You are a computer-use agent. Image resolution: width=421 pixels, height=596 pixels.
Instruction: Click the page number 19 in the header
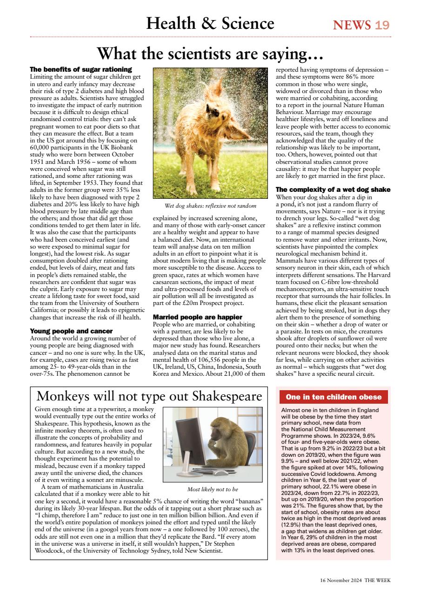pos(382,24)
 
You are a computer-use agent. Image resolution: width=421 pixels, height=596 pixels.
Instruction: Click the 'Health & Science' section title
pos(210,23)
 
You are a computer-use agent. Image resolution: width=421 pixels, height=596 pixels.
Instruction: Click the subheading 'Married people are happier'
pos(197,317)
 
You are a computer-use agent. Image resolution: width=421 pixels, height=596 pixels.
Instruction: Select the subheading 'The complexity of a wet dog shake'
pos(333,190)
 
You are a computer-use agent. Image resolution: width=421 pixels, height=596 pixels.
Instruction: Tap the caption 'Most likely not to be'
pos(213,489)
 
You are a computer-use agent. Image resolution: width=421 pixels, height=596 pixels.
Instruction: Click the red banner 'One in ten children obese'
pos(333,397)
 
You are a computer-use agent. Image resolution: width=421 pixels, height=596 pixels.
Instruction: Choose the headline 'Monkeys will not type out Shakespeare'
pos(149,396)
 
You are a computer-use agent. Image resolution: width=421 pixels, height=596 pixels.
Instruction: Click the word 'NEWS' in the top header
pos(352,24)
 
